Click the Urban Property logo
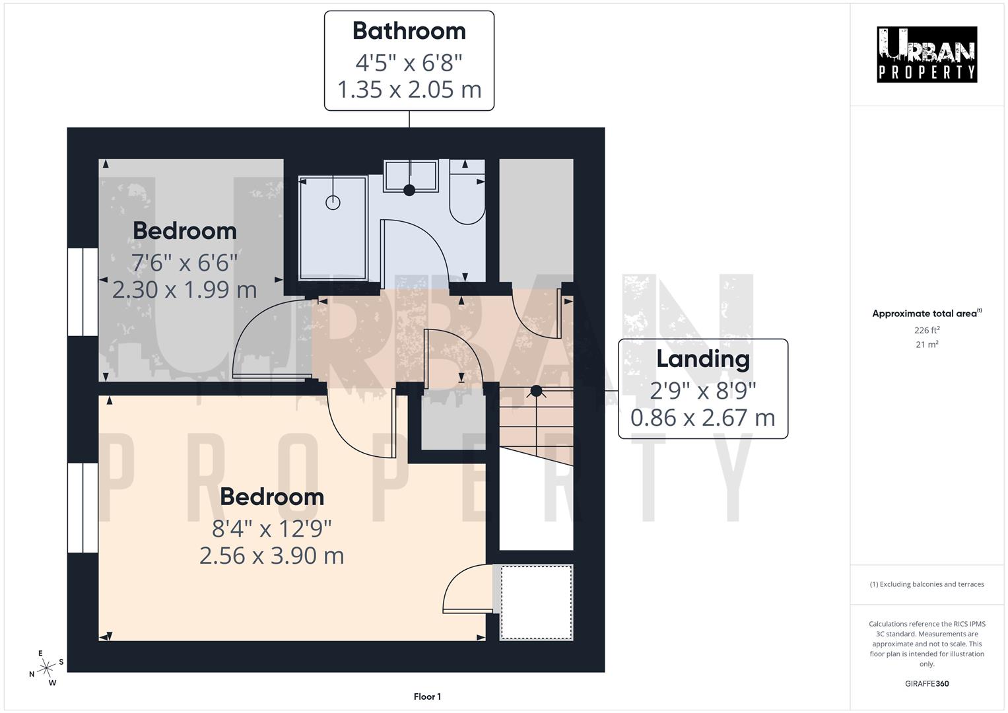pos(927,55)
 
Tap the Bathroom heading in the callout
pos(409,31)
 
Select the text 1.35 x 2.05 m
pos(409,89)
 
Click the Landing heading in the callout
pos(703,358)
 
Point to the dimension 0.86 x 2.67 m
pos(703,417)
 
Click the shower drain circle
pos(333,203)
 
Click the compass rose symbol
pos(46,668)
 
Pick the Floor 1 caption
pos(427,696)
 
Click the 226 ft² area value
pos(927,330)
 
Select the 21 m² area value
pos(927,344)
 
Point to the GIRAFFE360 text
pos(927,683)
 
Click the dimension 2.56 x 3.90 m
pos(272,556)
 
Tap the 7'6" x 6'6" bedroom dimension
pos(185,263)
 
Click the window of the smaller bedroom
pos(83,292)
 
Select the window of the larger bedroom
pos(83,508)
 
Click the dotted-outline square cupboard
pos(537,602)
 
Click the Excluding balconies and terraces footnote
pos(927,584)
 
